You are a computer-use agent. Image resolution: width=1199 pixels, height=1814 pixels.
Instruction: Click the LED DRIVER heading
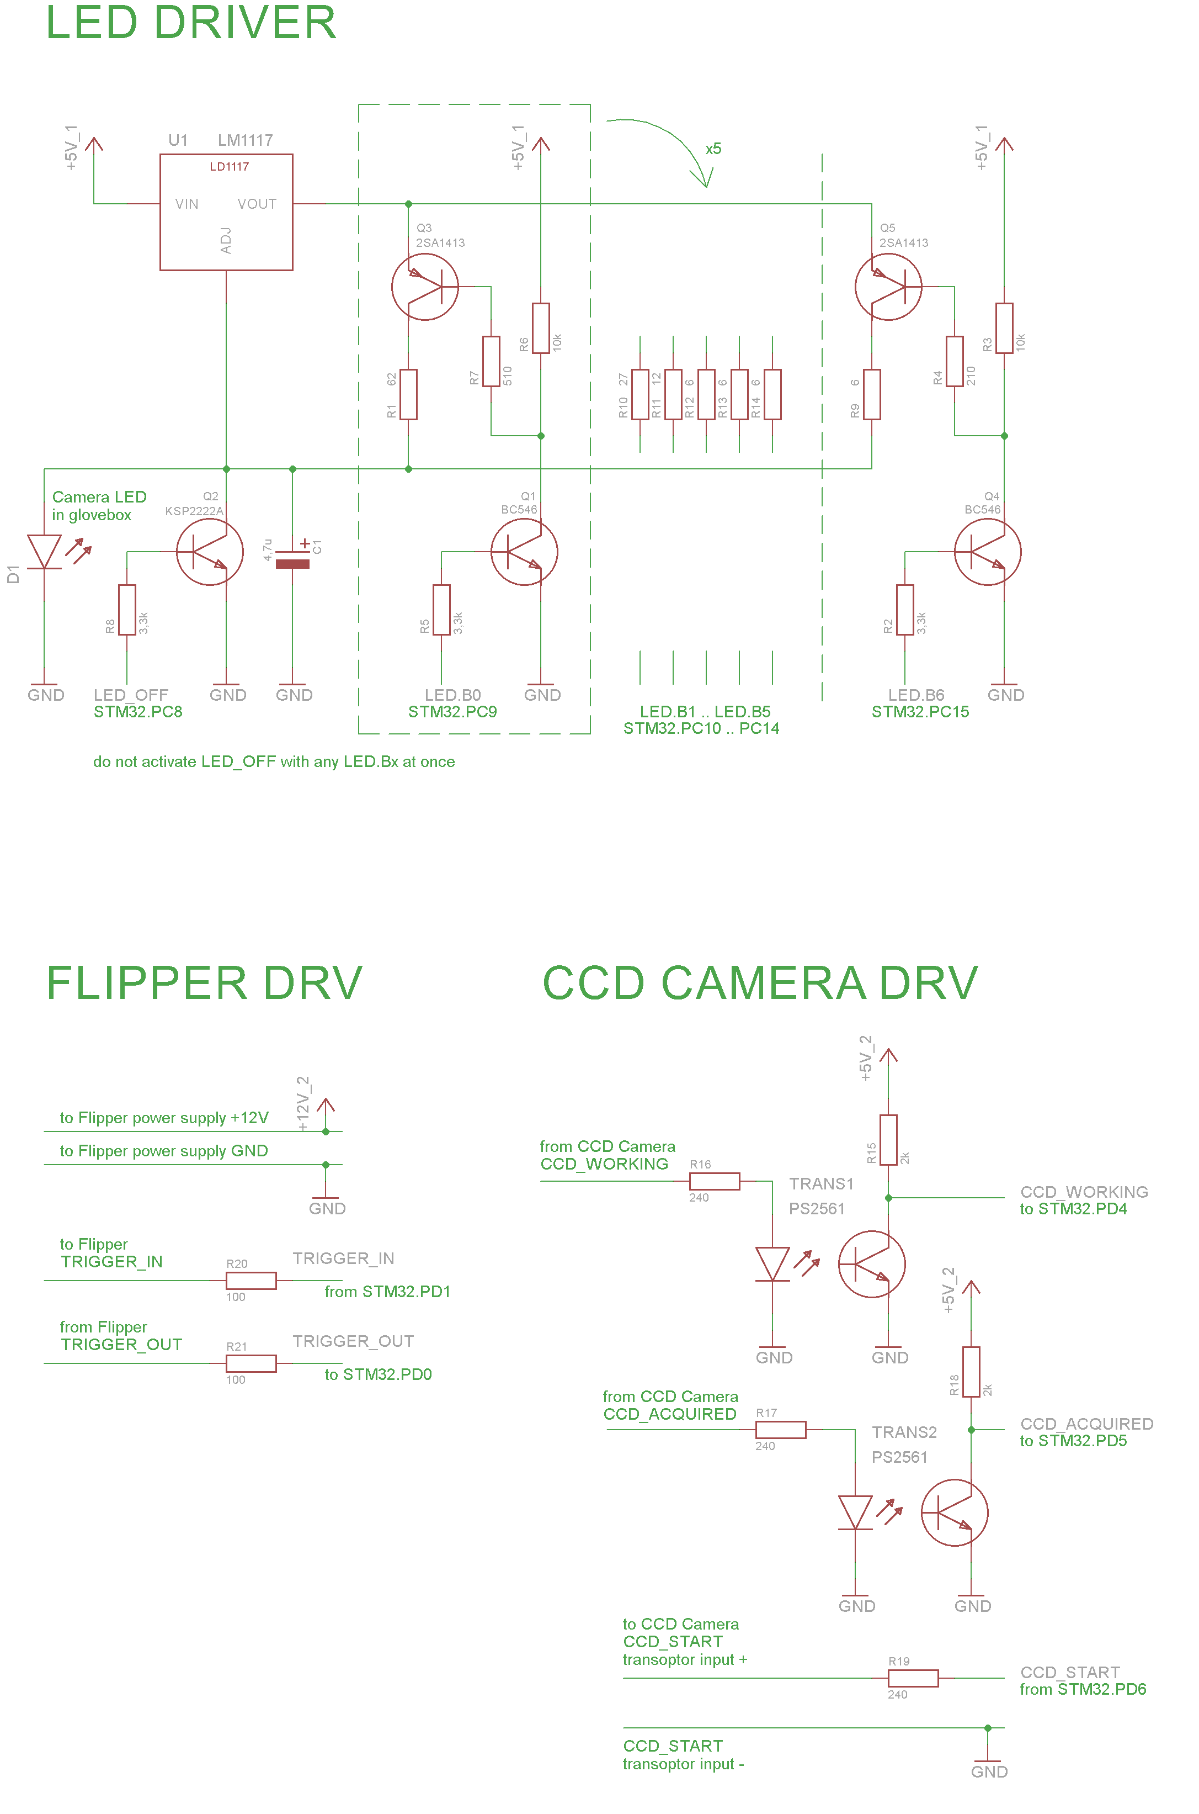point(191,23)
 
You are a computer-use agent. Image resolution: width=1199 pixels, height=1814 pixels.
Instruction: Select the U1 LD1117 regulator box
point(226,212)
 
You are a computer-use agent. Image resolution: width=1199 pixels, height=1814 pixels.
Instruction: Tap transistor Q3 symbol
point(425,287)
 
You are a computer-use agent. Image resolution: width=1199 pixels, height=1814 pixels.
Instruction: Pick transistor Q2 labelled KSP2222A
point(210,552)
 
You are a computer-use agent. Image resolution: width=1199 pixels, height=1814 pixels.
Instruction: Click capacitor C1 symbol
point(292,558)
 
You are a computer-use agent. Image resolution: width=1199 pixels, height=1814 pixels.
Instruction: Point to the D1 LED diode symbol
point(44,552)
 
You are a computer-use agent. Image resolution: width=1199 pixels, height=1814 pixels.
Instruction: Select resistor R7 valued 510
point(491,361)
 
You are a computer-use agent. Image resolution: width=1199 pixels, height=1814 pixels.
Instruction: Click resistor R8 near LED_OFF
point(127,610)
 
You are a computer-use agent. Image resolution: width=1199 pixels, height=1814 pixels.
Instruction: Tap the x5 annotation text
point(713,149)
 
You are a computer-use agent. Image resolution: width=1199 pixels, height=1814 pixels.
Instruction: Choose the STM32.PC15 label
point(920,712)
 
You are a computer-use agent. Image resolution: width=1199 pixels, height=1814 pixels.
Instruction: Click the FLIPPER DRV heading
point(204,982)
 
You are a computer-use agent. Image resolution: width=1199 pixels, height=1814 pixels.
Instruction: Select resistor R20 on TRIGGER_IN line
point(251,1280)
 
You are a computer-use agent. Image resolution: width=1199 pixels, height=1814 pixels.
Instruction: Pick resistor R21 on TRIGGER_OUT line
point(251,1363)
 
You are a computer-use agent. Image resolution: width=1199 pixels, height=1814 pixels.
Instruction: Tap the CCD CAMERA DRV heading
point(760,982)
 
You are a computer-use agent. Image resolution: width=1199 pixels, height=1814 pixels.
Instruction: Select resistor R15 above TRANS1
point(888,1140)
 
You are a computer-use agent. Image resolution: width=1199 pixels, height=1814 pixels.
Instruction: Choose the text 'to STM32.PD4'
point(1073,1209)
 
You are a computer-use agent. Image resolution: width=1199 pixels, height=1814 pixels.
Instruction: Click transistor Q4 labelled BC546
point(987,552)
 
